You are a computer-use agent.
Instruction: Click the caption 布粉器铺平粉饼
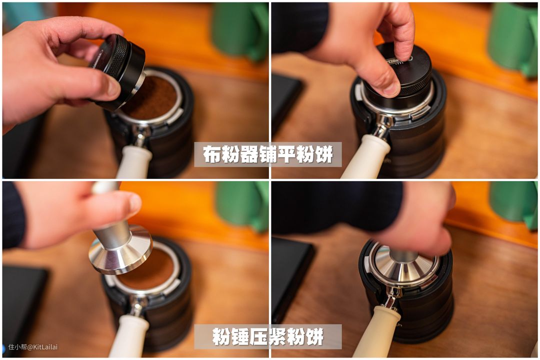pos(268,154)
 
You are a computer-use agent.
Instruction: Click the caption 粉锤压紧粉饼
pos(268,336)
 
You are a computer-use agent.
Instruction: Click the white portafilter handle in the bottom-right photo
pos(376,332)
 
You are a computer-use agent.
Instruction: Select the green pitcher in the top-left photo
pos(240,31)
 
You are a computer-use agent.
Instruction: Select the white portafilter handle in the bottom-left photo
pos(128,336)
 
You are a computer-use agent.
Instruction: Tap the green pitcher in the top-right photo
pos(512,38)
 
